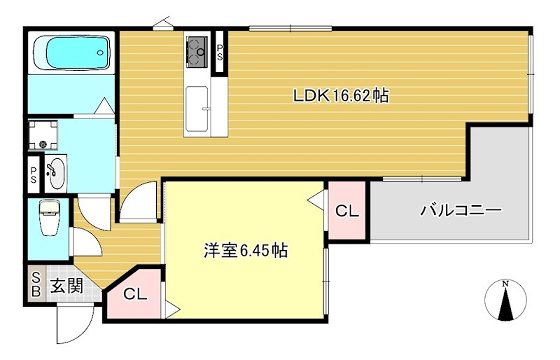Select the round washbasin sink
55,173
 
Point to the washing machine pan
41,135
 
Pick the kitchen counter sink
196,99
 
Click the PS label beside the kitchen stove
220,53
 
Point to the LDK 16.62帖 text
340,97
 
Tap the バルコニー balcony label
460,210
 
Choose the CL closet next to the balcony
346,211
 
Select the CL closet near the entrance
136,294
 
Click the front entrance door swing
72,322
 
